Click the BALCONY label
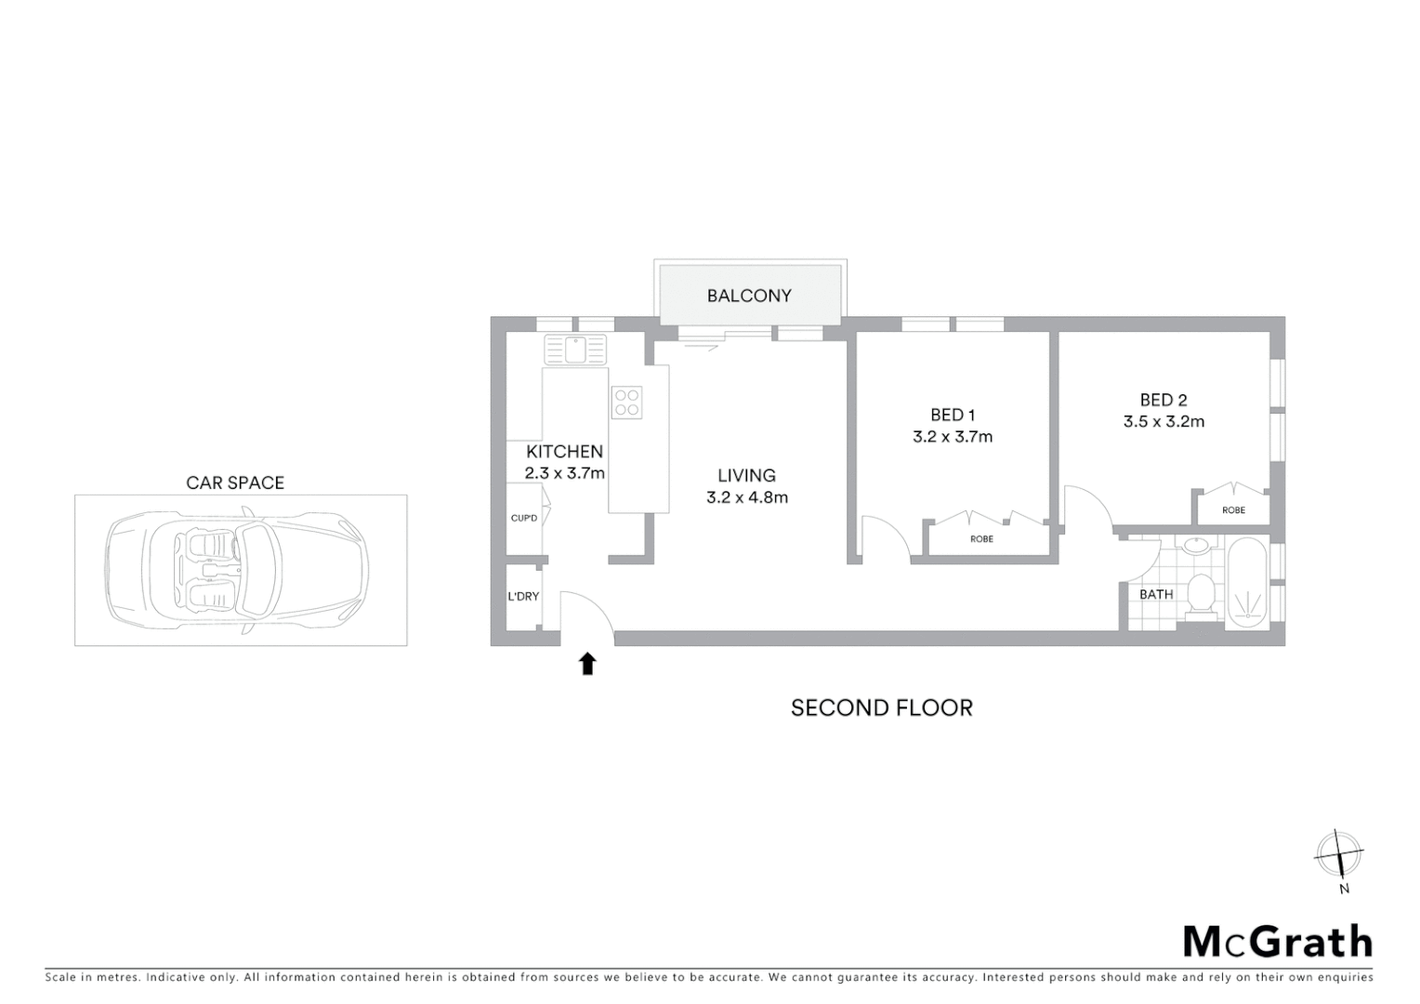(749, 296)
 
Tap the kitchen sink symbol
(575, 350)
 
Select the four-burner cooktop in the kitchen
(626, 402)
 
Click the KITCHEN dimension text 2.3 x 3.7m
(564, 473)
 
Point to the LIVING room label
(746, 475)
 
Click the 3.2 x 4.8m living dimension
(747, 497)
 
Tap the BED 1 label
(953, 415)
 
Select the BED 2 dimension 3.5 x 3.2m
(1164, 422)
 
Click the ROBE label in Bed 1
(981, 539)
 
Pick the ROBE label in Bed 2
(1233, 510)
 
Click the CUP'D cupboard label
(524, 518)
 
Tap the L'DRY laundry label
(523, 596)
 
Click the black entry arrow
(587, 663)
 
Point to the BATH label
(1156, 594)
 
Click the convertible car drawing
(238, 570)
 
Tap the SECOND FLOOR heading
(881, 707)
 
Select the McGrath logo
(1277, 942)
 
